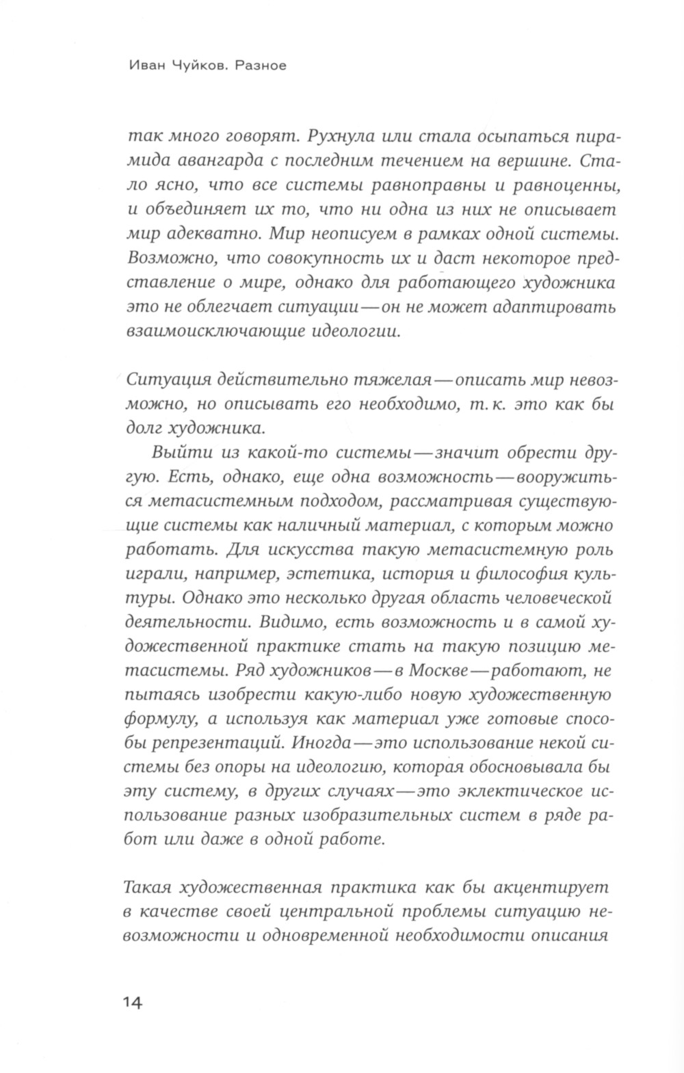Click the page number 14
[x=133, y=1003]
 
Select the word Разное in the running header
[x=262, y=66]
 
